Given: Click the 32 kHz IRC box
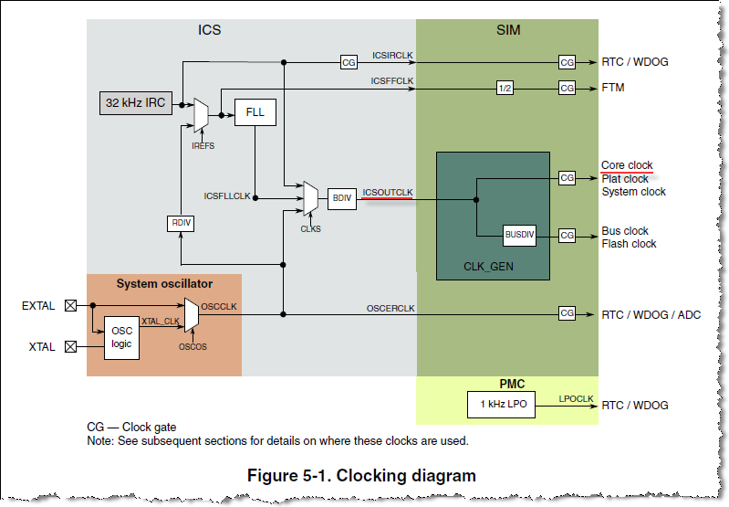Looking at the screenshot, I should tap(135, 103).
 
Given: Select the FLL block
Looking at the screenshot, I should tap(255, 113).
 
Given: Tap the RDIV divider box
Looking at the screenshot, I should tap(181, 223).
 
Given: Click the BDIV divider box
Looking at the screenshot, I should tap(341, 197).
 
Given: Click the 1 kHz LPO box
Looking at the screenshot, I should tap(500, 405).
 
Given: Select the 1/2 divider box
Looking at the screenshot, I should tap(505, 88).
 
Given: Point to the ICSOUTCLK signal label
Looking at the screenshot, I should tap(388, 192).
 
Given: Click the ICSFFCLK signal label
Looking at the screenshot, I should tap(392, 81).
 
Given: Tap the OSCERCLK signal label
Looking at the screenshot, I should tap(391, 309).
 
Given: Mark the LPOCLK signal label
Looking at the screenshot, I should tap(576, 399).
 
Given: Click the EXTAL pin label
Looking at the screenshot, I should tap(38, 306).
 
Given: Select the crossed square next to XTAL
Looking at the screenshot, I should tap(70, 347).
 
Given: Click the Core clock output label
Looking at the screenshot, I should tap(627, 165).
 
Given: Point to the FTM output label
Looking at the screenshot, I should tap(613, 88).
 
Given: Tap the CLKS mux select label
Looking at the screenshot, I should tap(310, 228).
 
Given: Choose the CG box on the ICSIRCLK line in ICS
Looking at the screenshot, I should tap(349, 62).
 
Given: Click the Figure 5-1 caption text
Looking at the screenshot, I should tap(362, 475).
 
